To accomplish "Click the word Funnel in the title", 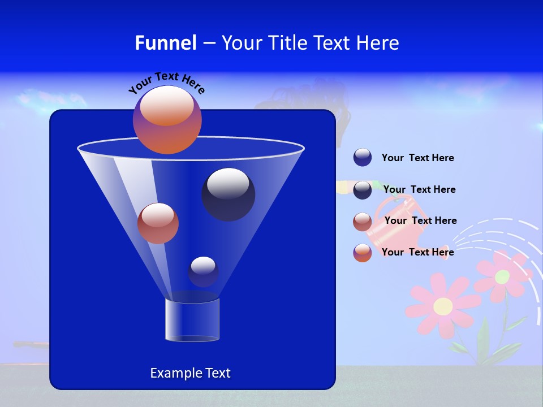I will (x=166, y=43).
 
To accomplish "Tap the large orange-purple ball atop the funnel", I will (x=167, y=120).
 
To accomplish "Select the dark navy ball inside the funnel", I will (x=228, y=194).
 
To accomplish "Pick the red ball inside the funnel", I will (x=158, y=223).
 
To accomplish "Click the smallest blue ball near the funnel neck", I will (x=203, y=271).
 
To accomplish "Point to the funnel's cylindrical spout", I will (x=192, y=320).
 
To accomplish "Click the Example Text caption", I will (x=190, y=373).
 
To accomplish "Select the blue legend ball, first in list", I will (x=363, y=158).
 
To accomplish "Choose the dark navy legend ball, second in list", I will (x=363, y=190).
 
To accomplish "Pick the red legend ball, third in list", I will (x=363, y=222).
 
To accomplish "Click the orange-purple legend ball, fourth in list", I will (x=363, y=253).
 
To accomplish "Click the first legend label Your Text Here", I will (x=417, y=158).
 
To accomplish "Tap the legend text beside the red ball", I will (x=420, y=221).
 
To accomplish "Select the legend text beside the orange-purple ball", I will (x=417, y=252).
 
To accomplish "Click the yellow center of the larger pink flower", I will (x=443, y=306).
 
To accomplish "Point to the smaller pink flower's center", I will (x=502, y=277).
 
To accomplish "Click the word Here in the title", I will (x=378, y=43).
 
